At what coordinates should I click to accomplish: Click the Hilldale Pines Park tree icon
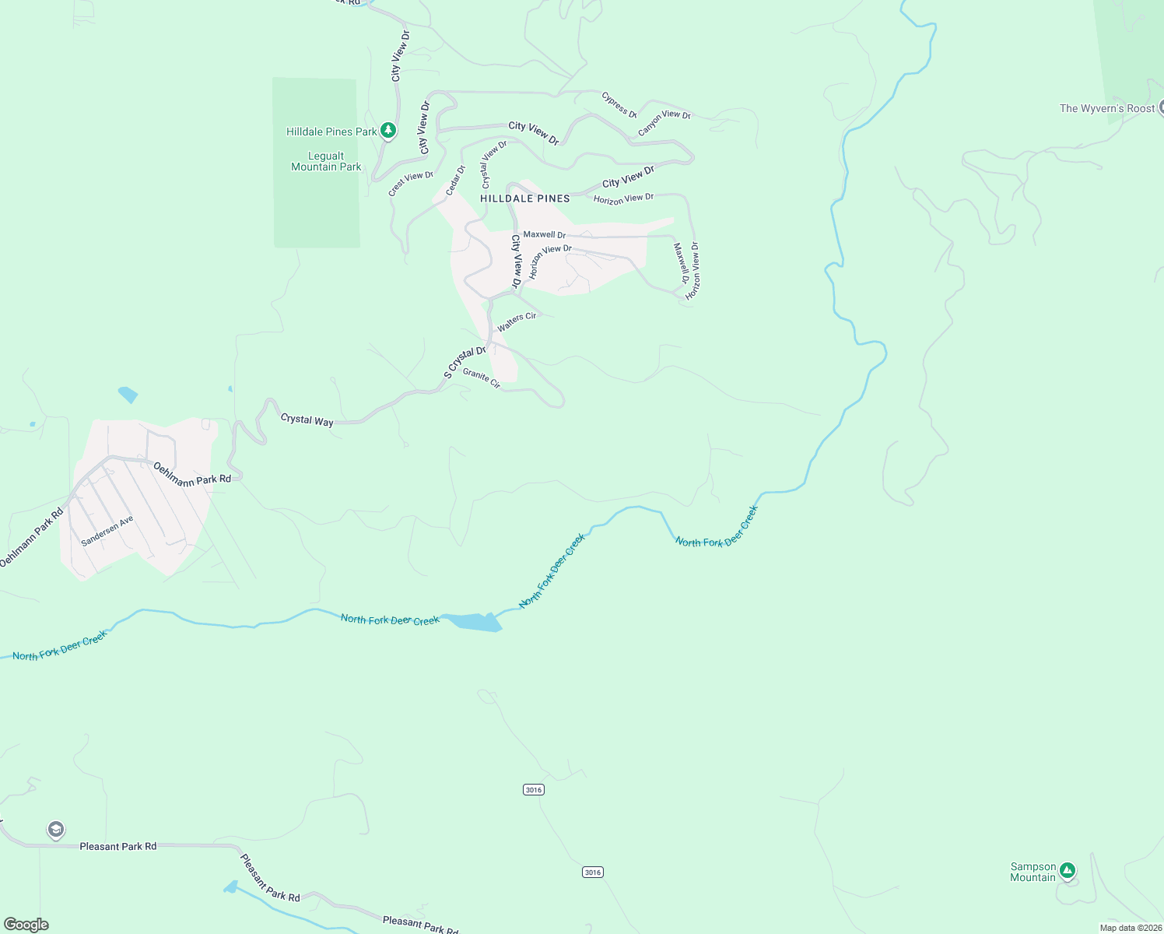(388, 131)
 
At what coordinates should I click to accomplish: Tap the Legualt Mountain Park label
(326, 161)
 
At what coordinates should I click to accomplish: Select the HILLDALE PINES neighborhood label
(525, 198)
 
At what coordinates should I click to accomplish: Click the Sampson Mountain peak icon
(1068, 870)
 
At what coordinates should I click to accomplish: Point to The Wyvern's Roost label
(1106, 108)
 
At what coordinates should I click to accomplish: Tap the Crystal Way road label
(307, 420)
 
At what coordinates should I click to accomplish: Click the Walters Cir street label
(517, 321)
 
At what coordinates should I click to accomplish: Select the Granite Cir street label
(482, 378)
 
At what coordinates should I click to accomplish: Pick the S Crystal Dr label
(465, 362)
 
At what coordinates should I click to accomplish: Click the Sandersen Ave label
(107, 530)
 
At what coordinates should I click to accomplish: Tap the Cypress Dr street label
(619, 105)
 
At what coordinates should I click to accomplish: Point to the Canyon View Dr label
(664, 123)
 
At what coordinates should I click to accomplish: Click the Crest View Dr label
(411, 183)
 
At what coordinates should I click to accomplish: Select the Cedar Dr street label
(455, 181)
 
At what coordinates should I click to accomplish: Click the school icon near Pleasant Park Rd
(55, 830)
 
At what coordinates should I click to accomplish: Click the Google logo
(26, 925)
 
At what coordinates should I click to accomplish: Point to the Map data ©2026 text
(1131, 928)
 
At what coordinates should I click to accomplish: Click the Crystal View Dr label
(494, 163)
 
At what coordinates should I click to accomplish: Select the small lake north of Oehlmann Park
(128, 395)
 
